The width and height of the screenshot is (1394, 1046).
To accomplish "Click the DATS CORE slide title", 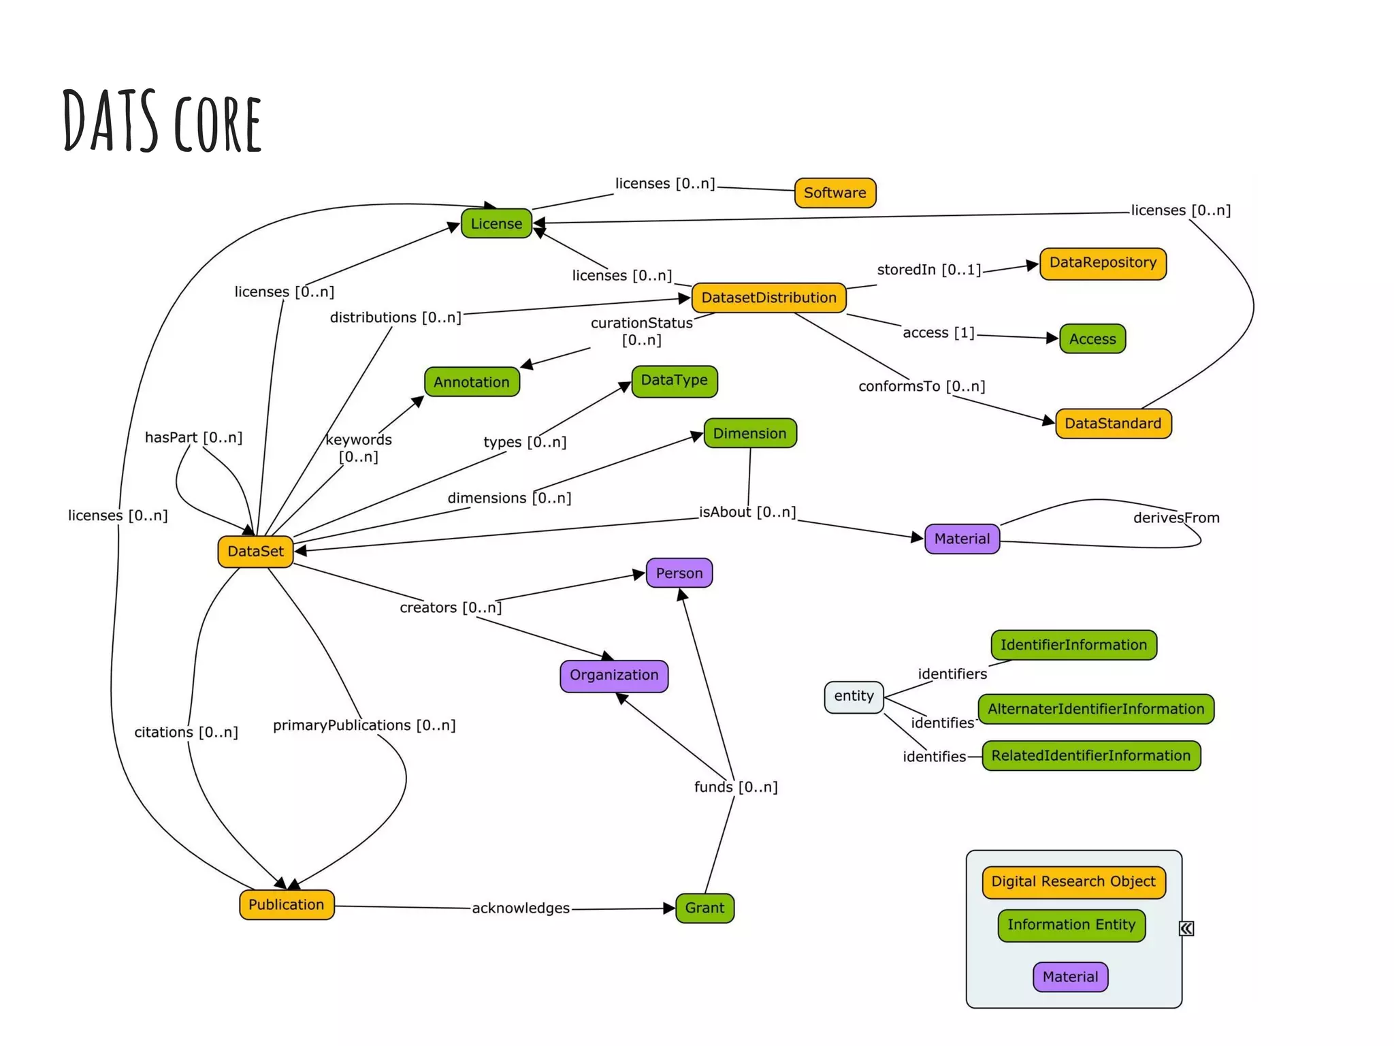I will pyautogui.click(x=162, y=121).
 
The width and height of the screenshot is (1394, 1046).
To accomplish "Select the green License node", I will pyautogui.click(x=496, y=223).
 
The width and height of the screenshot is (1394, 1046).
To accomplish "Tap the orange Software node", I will pyautogui.click(x=834, y=193).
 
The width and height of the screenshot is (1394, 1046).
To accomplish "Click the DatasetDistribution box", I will pyautogui.click(x=768, y=298).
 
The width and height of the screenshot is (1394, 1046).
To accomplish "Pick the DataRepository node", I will pyautogui.click(x=1103, y=263).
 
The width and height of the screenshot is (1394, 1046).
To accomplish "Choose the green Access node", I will pyautogui.click(x=1092, y=338).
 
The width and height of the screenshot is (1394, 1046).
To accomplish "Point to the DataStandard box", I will pyautogui.click(x=1113, y=423).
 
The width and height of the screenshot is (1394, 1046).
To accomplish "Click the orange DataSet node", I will pyautogui.click(x=255, y=551).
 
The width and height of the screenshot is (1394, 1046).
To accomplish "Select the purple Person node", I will pyautogui.click(x=679, y=573).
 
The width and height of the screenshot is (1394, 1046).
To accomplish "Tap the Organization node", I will pyautogui.click(x=614, y=675).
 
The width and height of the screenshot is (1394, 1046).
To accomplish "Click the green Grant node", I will pyautogui.click(x=704, y=908).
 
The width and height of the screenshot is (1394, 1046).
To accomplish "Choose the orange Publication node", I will pyautogui.click(x=287, y=904).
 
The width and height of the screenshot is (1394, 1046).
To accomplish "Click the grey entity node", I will pyautogui.click(x=854, y=696).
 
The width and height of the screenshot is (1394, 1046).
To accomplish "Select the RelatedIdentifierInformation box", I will pyautogui.click(x=1090, y=755).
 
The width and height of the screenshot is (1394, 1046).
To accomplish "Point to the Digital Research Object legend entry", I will pyautogui.click(x=1073, y=881).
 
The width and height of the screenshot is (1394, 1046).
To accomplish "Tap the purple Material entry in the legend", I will pyautogui.click(x=1070, y=977).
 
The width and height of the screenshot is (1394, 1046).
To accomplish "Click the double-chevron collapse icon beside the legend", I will pyautogui.click(x=1186, y=928).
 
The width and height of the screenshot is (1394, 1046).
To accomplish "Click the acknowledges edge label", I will pyautogui.click(x=521, y=908).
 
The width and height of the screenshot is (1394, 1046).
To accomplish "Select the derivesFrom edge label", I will pyautogui.click(x=1176, y=518).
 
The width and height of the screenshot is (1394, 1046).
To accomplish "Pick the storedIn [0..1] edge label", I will pyautogui.click(x=928, y=270).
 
